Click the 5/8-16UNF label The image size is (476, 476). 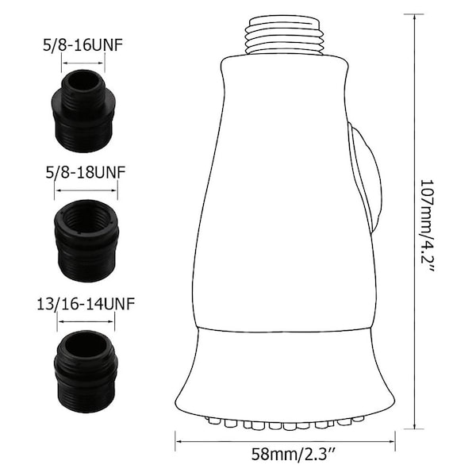[83, 46]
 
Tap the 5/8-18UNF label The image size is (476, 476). [86, 173]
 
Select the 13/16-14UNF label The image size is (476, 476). [86, 304]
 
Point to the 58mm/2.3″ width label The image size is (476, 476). [294, 455]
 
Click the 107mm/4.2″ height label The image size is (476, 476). [428, 225]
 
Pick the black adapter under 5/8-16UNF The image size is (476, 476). [84, 111]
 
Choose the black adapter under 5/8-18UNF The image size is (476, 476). [86, 240]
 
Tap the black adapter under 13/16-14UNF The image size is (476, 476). [86, 371]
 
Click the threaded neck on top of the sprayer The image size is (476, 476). [286, 36]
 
